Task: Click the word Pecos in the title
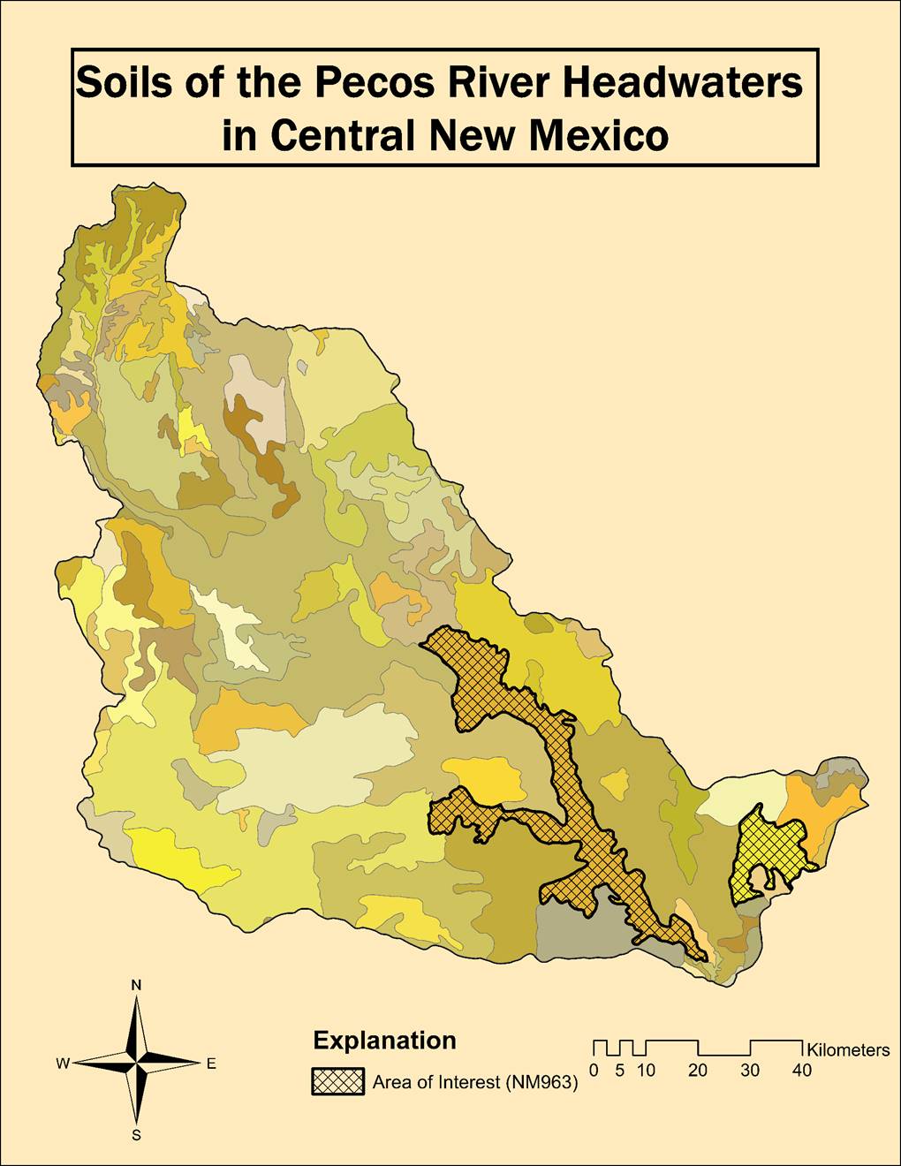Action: (373, 83)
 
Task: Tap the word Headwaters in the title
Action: (683, 83)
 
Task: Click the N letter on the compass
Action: (136, 985)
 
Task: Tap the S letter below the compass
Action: (136, 1136)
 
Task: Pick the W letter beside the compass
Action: (63, 1064)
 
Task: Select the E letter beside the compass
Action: (211, 1064)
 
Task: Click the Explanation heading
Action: (384, 1041)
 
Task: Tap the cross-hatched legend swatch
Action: (337, 1082)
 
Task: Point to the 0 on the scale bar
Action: (594, 1071)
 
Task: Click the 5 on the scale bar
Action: (620, 1071)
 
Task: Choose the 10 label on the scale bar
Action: (647, 1071)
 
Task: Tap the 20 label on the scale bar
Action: (698, 1071)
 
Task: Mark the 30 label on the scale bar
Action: (750, 1071)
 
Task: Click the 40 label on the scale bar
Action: (801, 1071)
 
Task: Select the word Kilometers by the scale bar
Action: (848, 1050)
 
